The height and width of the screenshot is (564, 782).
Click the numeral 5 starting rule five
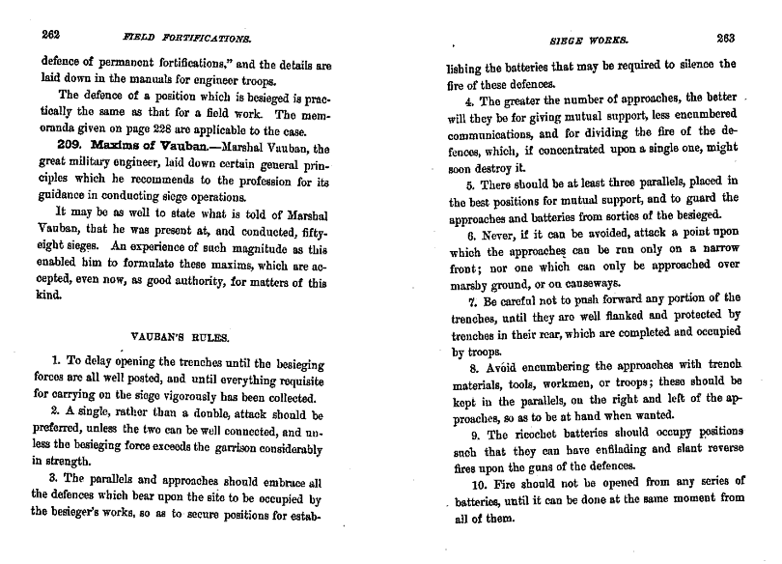(469, 184)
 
